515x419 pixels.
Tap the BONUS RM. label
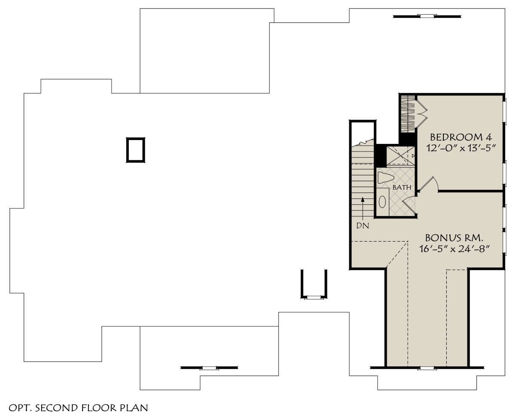point(454,238)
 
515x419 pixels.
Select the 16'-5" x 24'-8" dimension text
point(454,248)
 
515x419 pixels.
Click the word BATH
point(402,187)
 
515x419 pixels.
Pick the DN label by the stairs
point(363,226)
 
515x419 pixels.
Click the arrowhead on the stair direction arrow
point(363,199)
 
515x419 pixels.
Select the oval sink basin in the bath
point(382,202)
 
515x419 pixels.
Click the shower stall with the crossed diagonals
point(400,156)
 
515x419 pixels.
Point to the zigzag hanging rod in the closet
point(408,114)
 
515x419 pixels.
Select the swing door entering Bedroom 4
point(428,185)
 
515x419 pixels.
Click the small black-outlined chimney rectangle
point(136,150)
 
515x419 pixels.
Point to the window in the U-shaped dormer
point(314,297)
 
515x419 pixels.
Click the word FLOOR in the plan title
point(99,408)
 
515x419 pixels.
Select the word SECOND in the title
point(57,408)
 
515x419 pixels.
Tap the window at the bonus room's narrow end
point(427,368)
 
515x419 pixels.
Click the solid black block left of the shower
point(380,155)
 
